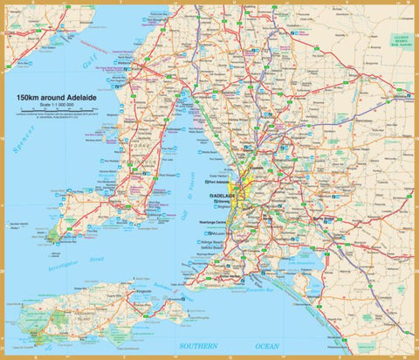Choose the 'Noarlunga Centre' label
(x=213, y=225)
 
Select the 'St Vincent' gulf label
(x=191, y=200)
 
